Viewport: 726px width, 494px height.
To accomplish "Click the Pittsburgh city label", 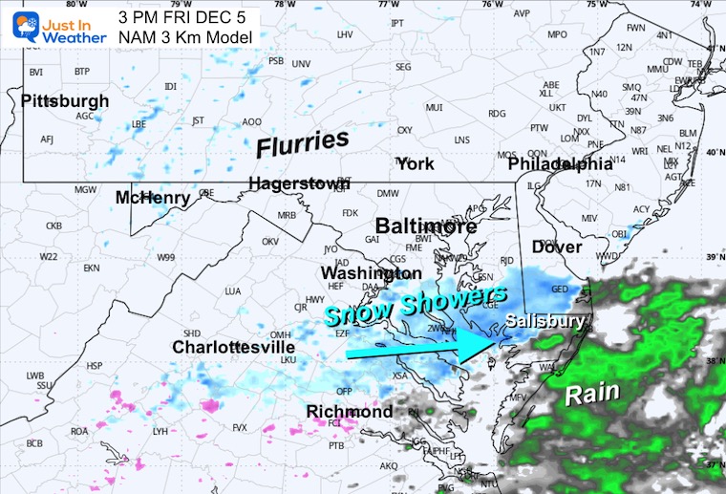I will [65, 100].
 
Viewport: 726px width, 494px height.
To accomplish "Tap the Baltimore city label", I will [426, 226].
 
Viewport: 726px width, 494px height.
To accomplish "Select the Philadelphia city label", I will [560, 164].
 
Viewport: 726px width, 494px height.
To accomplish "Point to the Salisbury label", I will [545, 321].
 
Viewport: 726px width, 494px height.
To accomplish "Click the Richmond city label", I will [349, 412].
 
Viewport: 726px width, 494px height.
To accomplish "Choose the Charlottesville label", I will [233, 348].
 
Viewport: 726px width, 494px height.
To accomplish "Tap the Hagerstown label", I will [299, 183].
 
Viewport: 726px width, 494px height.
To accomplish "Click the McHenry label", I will [153, 198].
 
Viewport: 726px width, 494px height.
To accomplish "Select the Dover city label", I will [557, 247].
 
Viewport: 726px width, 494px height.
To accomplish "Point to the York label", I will [416, 164].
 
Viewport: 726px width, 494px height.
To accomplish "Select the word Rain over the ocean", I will [592, 393].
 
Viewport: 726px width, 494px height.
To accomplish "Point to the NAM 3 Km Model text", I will [186, 36].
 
